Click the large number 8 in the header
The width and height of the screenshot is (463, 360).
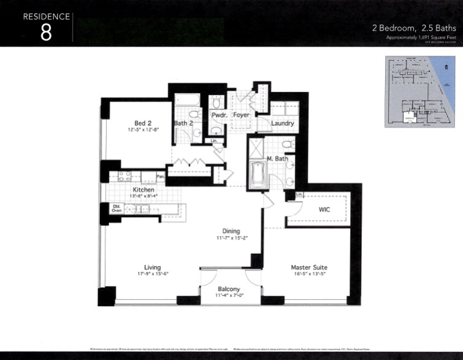coord(46,33)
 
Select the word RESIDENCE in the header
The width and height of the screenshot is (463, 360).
coord(47,16)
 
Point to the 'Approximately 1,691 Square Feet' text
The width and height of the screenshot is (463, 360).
coord(420,37)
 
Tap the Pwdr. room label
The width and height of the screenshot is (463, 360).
coord(220,115)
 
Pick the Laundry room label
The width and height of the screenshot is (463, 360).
coord(282,123)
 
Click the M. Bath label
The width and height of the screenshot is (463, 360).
coord(278,159)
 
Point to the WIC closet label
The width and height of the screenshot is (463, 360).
coord(325,209)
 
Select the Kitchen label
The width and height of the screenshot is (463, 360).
coord(144,190)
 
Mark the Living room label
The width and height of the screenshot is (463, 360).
coord(152,267)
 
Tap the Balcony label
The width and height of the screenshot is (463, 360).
coord(228,289)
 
